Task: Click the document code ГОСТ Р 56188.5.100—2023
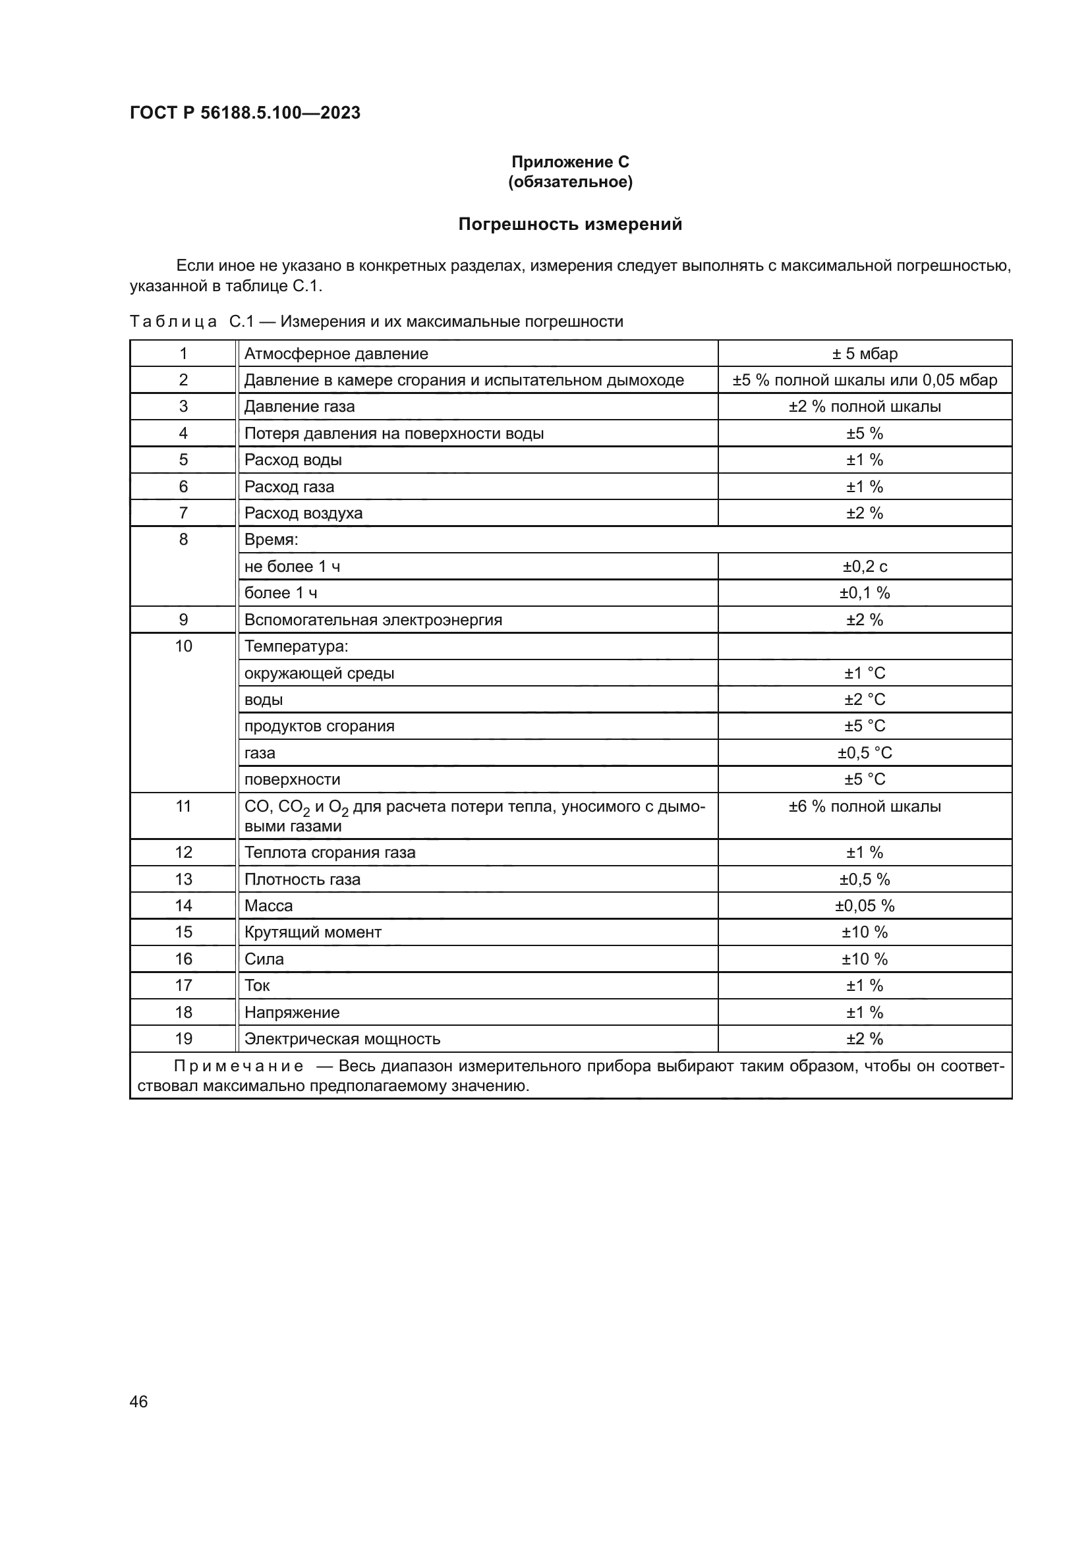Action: pyautogui.click(x=245, y=113)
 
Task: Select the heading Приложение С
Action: pyautogui.click(x=570, y=162)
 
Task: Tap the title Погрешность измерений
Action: pyautogui.click(x=570, y=224)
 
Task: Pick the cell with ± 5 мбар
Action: pyautogui.click(x=865, y=354)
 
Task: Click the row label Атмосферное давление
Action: pyautogui.click(x=335, y=354)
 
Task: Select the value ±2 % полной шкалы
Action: pyautogui.click(x=865, y=406)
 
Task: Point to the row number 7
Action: pyautogui.click(x=183, y=513)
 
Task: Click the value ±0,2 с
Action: pyautogui.click(x=865, y=567)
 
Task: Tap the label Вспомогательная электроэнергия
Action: pyautogui.click(x=373, y=619)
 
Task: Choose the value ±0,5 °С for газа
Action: pyautogui.click(x=865, y=752)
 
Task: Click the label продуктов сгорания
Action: pyautogui.click(x=320, y=726)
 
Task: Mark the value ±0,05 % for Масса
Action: pyautogui.click(x=865, y=905)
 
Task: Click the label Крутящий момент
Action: pyautogui.click(x=313, y=932)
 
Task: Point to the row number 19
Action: pyautogui.click(x=183, y=1039)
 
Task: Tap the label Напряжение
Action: pyautogui.click(x=292, y=1012)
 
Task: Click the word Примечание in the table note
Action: pyautogui.click(x=239, y=1067)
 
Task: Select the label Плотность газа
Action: pyautogui.click(x=302, y=880)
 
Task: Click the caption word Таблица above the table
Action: pyautogui.click(x=173, y=322)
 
